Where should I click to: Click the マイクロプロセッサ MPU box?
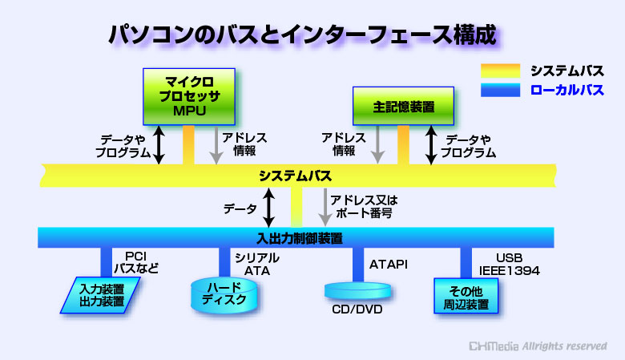click(189, 96)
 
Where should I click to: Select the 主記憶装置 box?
click(403, 106)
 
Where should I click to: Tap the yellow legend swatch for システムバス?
click(500, 71)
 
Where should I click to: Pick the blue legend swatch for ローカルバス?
click(500, 90)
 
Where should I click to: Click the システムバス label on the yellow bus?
click(295, 176)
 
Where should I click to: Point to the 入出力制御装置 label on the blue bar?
click(300, 238)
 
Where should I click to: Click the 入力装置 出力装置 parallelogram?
click(100, 295)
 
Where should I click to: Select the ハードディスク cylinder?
click(224, 295)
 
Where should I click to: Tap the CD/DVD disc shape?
click(357, 291)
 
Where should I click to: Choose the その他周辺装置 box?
click(466, 296)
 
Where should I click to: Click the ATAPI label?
click(389, 265)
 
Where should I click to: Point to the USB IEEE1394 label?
click(510, 265)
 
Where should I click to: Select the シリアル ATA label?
click(257, 265)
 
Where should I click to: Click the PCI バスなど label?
click(136, 262)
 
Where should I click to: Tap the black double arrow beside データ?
click(268, 208)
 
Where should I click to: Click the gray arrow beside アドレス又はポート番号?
click(325, 208)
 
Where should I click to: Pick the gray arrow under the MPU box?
click(216, 145)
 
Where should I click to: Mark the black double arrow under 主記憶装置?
click(431, 145)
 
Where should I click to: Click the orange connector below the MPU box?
click(188, 144)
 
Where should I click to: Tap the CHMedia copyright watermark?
click(538, 346)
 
